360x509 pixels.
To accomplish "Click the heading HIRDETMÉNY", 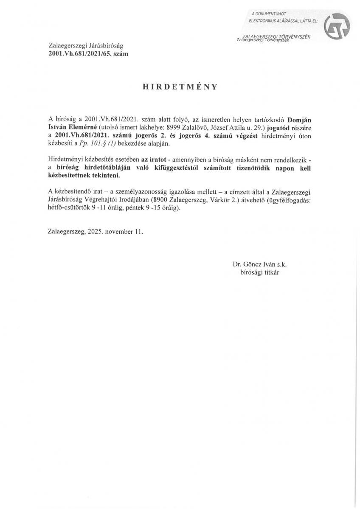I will point(180,87).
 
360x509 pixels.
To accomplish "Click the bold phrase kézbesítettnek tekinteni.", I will point(84,176).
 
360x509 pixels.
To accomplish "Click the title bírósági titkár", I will point(259,273).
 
